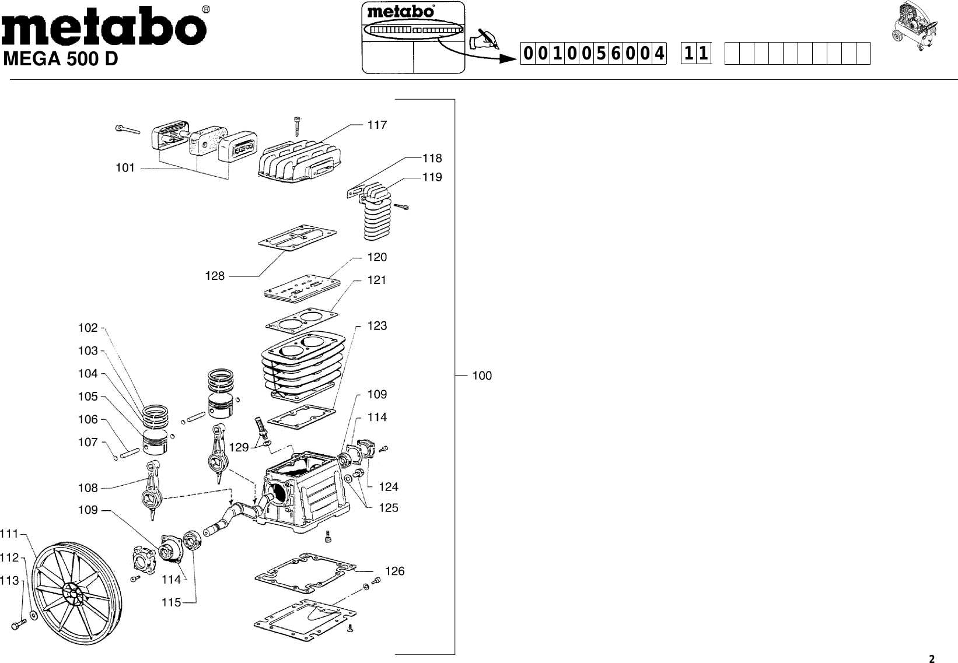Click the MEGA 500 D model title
(61, 60)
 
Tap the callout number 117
(376, 125)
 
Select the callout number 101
(125, 168)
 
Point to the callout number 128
(215, 276)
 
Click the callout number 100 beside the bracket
(482, 376)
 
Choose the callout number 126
(395, 571)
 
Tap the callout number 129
(239, 448)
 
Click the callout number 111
(9, 534)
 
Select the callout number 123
(377, 326)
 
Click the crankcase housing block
(303, 493)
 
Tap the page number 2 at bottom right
(932, 660)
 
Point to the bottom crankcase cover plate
(305, 621)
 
